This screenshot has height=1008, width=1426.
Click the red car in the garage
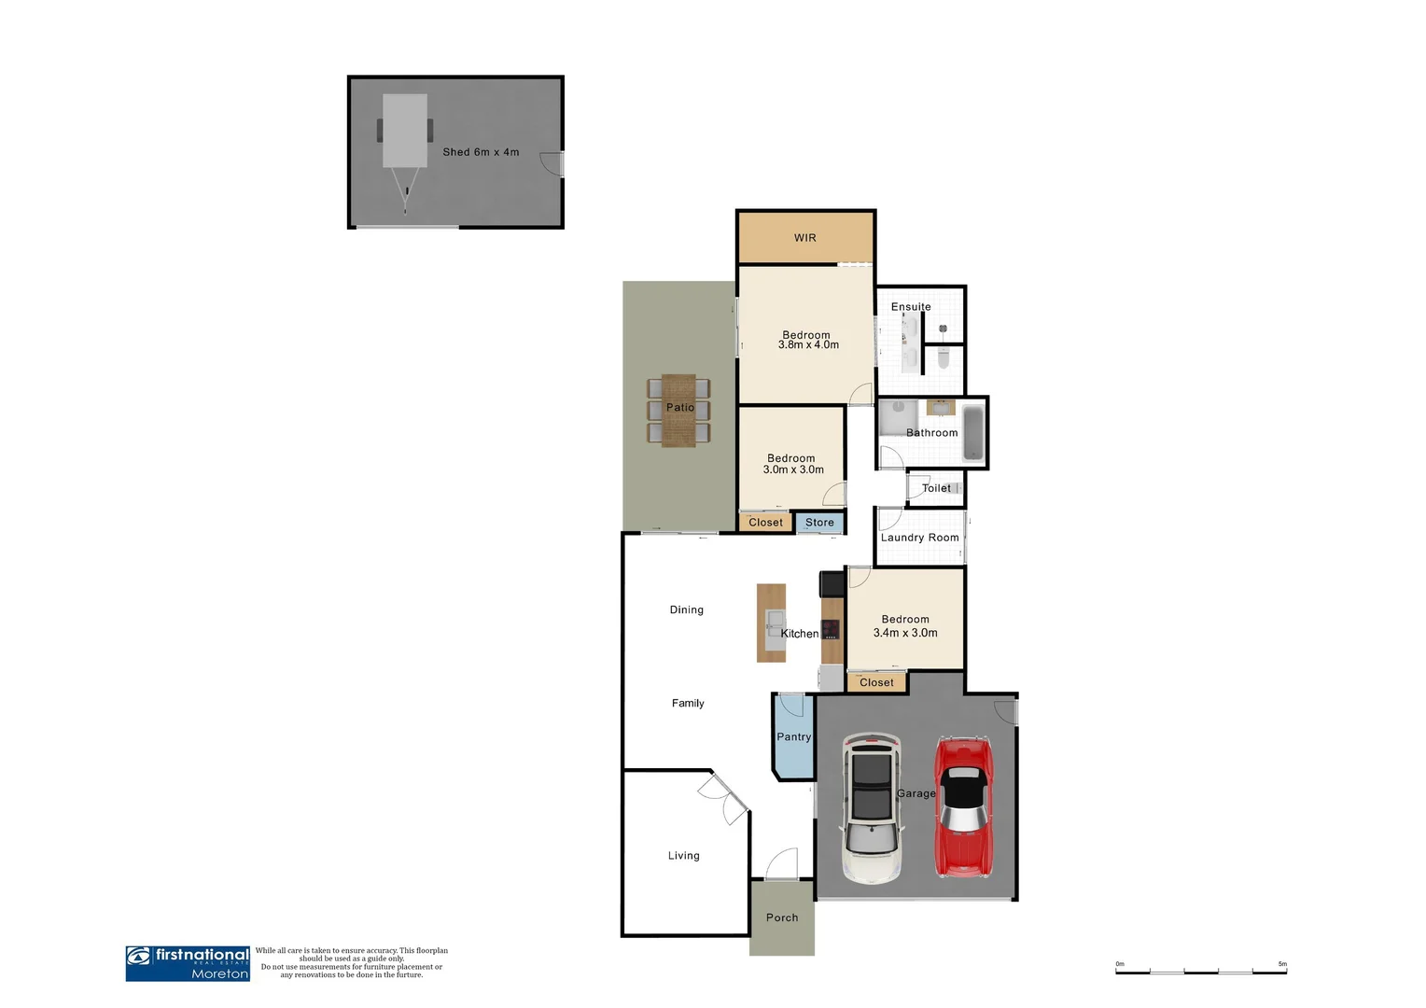click(x=963, y=807)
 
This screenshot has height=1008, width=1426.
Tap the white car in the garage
click(x=872, y=808)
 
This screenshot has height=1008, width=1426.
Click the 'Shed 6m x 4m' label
click(x=481, y=152)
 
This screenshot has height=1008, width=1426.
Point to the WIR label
click(x=805, y=238)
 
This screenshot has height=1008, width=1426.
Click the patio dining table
click(x=678, y=411)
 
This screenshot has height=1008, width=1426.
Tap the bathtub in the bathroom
click(x=972, y=433)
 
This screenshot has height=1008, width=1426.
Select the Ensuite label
click(x=911, y=307)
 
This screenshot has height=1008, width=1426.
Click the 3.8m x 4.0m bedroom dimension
click(x=808, y=345)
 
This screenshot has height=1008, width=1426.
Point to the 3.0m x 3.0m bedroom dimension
click(x=793, y=470)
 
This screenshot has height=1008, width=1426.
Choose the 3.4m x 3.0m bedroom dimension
click(x=905, y=633)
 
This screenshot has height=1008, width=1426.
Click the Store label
click(x=819, y=523)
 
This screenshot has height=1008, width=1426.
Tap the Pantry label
click(x=794, y=737)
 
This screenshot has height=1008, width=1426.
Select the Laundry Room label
click(x=919, y=538)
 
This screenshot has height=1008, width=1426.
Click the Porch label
click(x=782, y=918)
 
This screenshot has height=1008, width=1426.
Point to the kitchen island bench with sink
click(x=771, y=623)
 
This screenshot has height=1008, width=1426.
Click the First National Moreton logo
click(x=188, y=963)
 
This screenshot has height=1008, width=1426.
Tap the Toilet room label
click(x=936, y=488)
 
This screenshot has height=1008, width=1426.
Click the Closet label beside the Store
click(x=765, y=523)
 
